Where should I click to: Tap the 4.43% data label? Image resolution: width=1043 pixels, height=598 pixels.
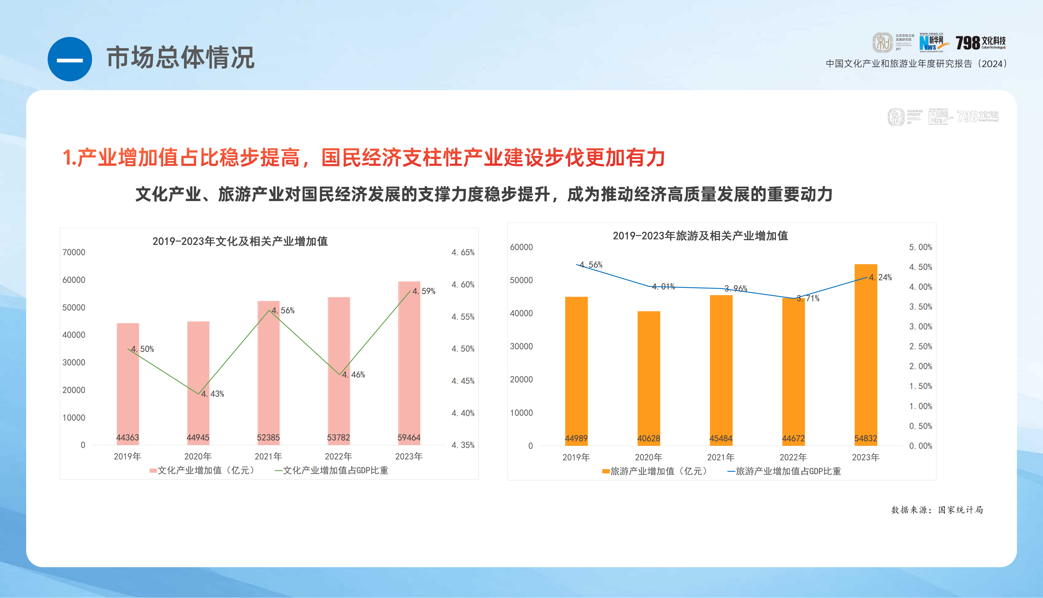pos(213,394)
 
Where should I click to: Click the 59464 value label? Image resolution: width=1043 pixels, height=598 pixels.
pos(409,438)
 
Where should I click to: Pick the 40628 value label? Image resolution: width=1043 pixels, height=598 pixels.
pos(649,439)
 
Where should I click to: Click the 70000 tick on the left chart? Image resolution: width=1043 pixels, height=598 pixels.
pos(74,253)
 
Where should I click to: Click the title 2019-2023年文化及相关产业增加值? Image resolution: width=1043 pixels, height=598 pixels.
pos(240,242)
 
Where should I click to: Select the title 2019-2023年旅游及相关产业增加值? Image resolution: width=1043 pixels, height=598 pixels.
pos(700,236)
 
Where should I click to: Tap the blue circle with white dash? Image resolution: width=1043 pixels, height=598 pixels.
pos(70,60)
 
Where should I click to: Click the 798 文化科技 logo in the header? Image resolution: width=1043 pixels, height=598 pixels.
pos(981,43)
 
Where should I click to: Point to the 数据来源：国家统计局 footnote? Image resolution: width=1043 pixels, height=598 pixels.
pos(937,510)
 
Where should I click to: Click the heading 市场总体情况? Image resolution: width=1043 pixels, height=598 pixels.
pos(181,58)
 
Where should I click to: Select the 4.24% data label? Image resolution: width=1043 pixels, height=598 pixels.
pos(881,278)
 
